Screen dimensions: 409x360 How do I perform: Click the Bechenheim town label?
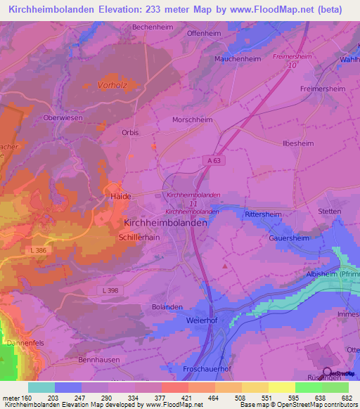coord(152,27)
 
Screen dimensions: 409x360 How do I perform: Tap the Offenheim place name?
coord(204,33)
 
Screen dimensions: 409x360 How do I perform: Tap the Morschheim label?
coord(193,119)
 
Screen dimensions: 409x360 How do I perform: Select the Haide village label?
coord(120,197)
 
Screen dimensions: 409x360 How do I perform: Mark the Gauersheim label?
coord(289,238)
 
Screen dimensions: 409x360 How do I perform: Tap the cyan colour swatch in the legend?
coord(41,387)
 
